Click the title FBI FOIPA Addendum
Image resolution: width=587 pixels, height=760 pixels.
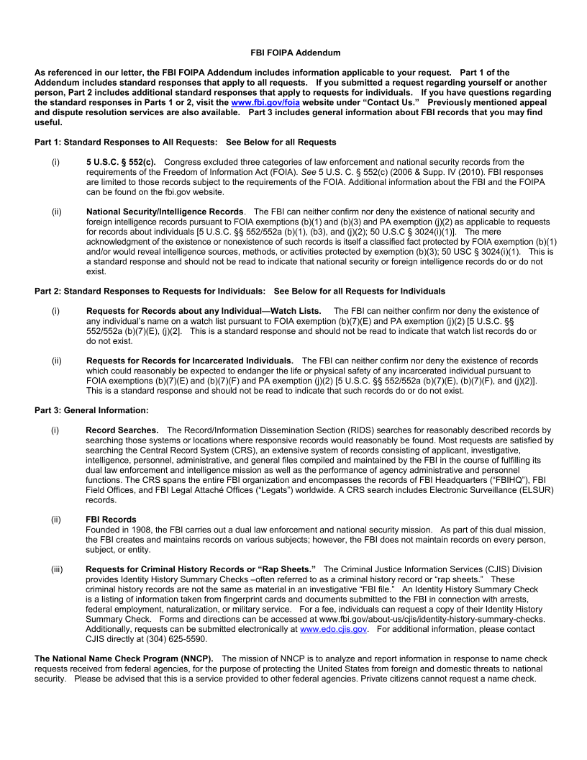[x=286, y=53]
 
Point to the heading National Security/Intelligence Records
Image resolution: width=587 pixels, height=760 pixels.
[x=165, y=212]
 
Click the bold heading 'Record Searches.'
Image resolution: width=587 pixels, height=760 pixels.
[x=122, y=430]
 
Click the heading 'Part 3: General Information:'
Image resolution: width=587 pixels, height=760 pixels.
[x=91, y=410]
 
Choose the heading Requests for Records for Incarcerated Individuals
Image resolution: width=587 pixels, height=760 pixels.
[x=190, y=360]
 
